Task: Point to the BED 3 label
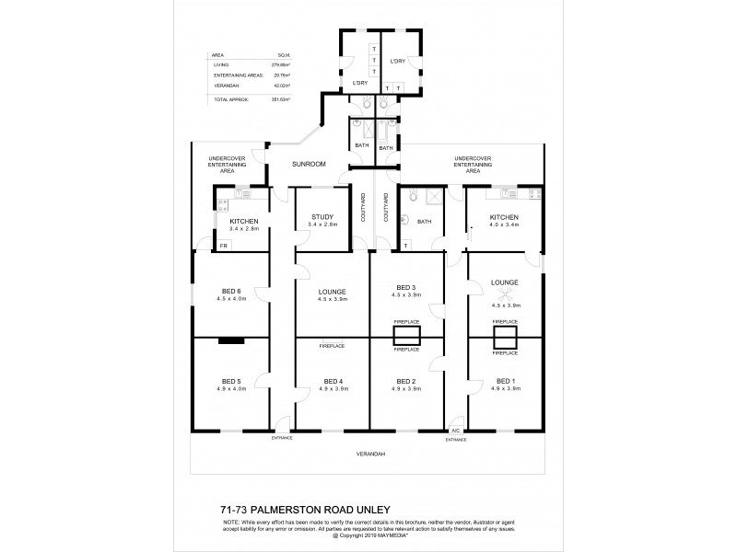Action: pos(406,287)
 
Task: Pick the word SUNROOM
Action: pos(309,164)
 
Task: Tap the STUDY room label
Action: pos(322,217)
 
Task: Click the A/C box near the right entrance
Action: pos(454,431)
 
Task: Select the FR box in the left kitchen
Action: pos(222,246)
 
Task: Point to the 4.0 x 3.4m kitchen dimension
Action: pos(506,224)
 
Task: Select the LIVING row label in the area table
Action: pos(220,65)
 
